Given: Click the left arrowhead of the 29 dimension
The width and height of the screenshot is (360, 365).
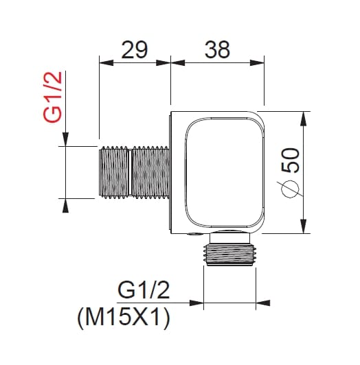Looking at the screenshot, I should (104, 62).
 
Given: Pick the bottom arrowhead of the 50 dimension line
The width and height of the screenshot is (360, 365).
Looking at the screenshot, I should (303, 230).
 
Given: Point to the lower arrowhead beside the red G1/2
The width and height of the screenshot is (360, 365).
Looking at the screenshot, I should (65, 204).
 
